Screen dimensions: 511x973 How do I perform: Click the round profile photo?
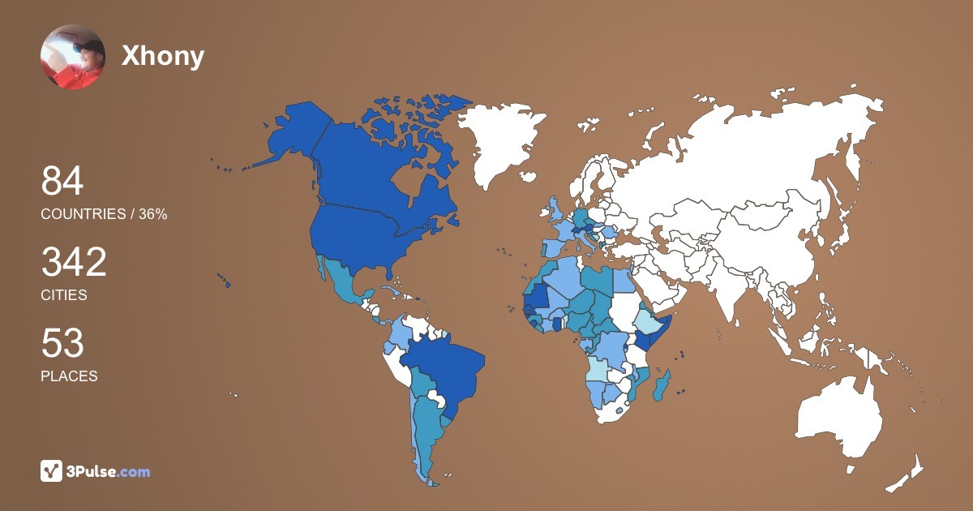73,57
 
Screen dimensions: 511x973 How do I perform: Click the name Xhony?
162,56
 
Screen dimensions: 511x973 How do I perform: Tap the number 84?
62,181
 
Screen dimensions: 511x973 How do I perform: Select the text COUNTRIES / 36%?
104,214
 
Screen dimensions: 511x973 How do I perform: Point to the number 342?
74,262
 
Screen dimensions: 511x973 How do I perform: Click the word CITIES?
64,295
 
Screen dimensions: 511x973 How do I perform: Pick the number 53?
62,343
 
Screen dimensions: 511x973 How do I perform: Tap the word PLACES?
69,376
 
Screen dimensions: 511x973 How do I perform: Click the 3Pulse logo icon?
52,470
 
